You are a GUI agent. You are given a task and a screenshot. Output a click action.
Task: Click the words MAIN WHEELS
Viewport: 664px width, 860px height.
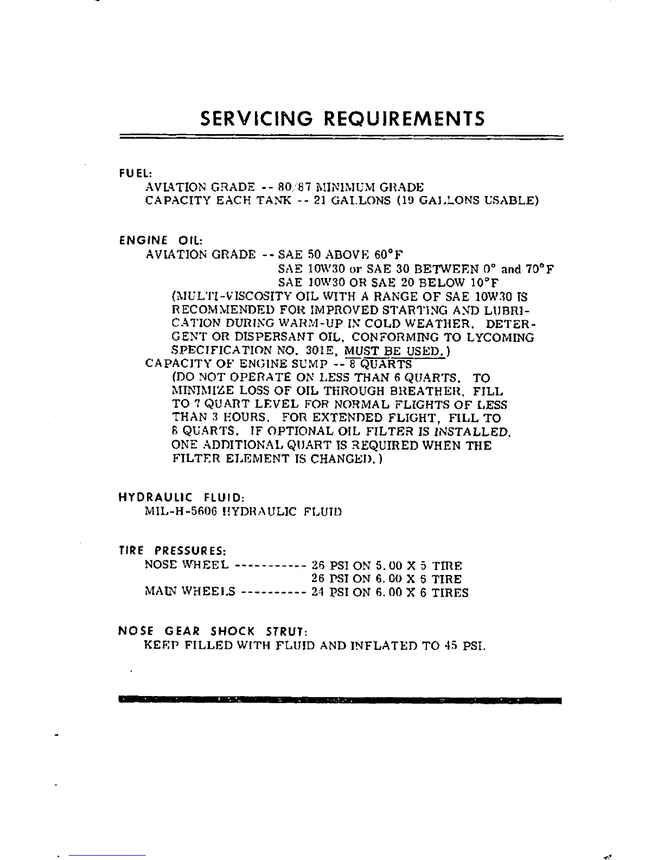(x=190, y=591)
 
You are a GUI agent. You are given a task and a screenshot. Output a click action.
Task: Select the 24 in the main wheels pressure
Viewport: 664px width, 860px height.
(x=318, y=592)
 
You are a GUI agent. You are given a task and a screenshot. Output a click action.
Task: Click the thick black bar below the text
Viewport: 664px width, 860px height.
(x=339, y=700)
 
